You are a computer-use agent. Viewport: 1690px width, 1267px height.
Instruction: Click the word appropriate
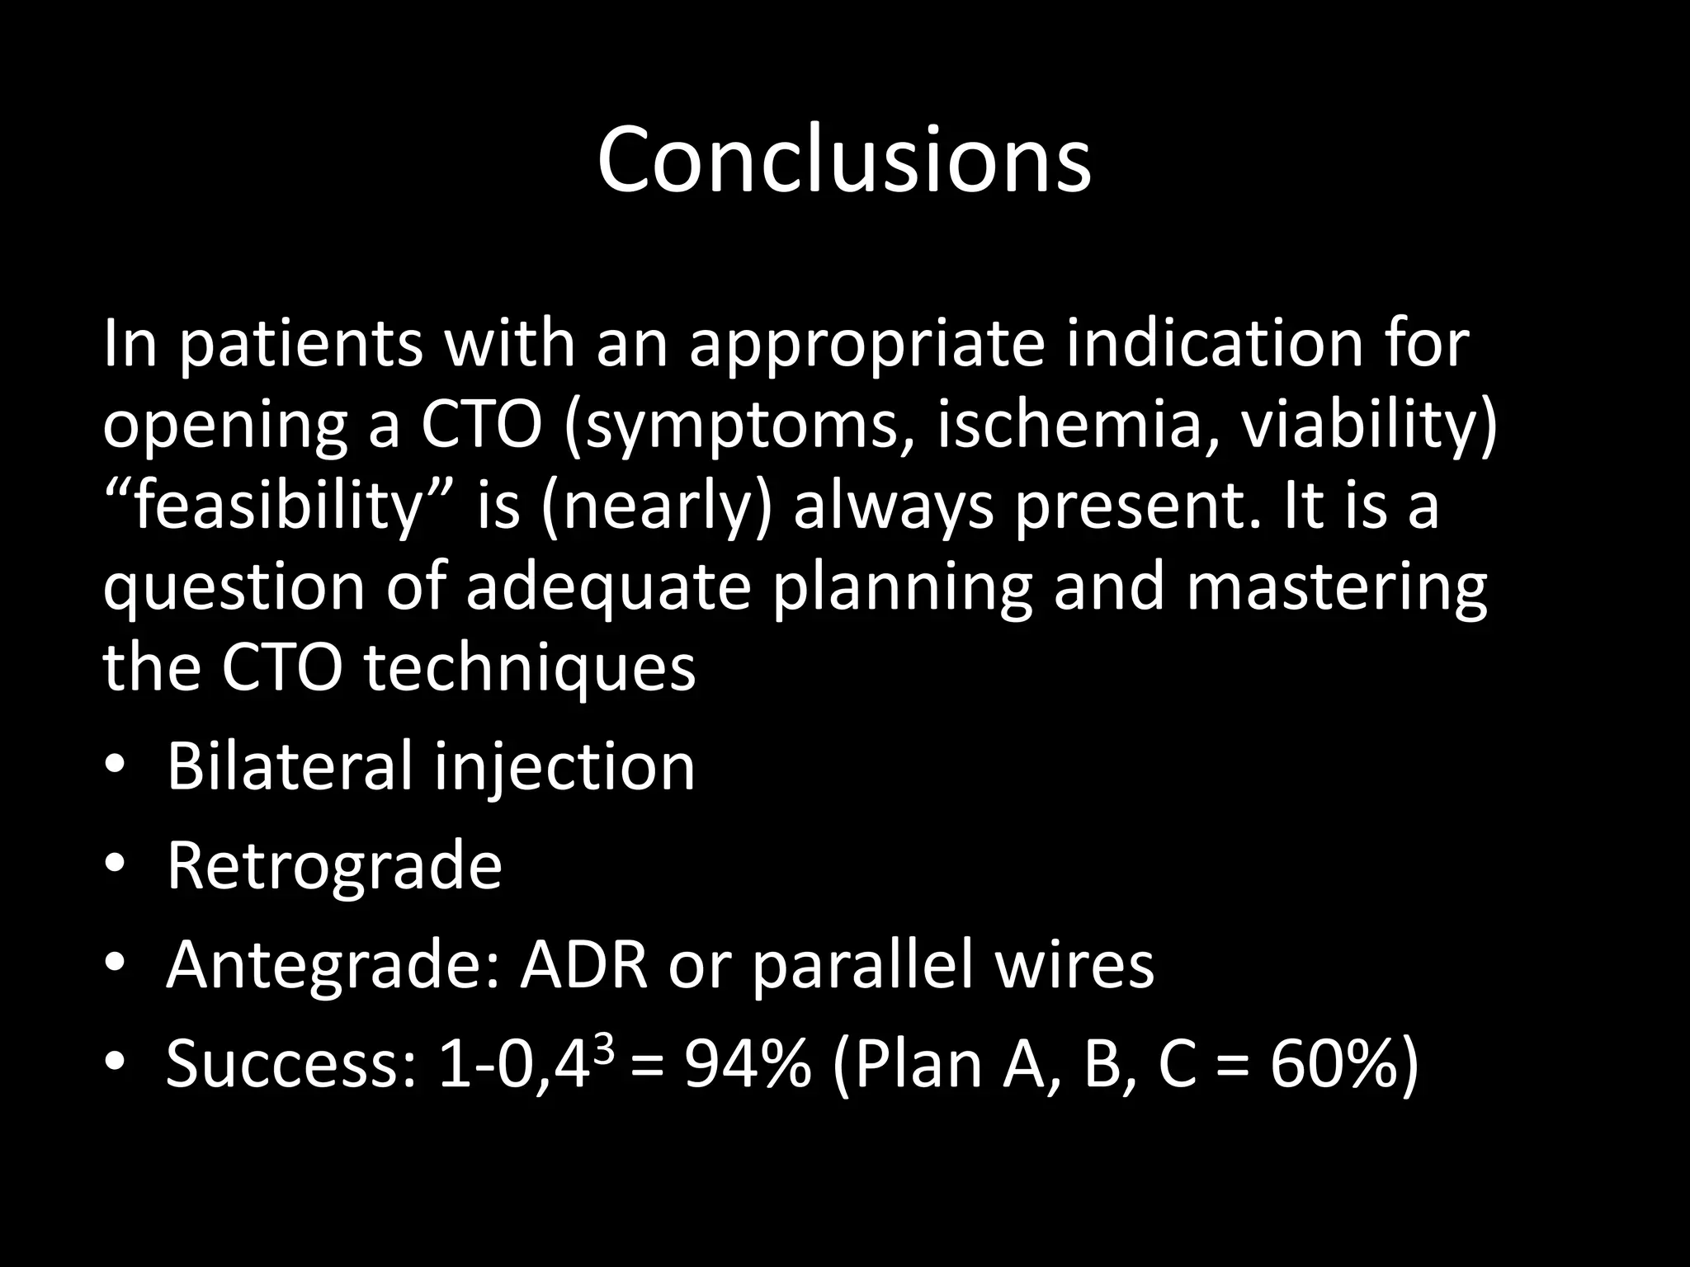pyautogui.click(x=866, y=346)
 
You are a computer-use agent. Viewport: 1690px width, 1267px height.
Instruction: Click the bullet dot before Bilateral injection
pyautogui.click(x=115, y=767)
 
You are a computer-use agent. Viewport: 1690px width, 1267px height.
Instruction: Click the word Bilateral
pyautogui.click(x=289, y=766)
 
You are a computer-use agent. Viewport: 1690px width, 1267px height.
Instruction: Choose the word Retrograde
pyautogui.click(x=334, y=867)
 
